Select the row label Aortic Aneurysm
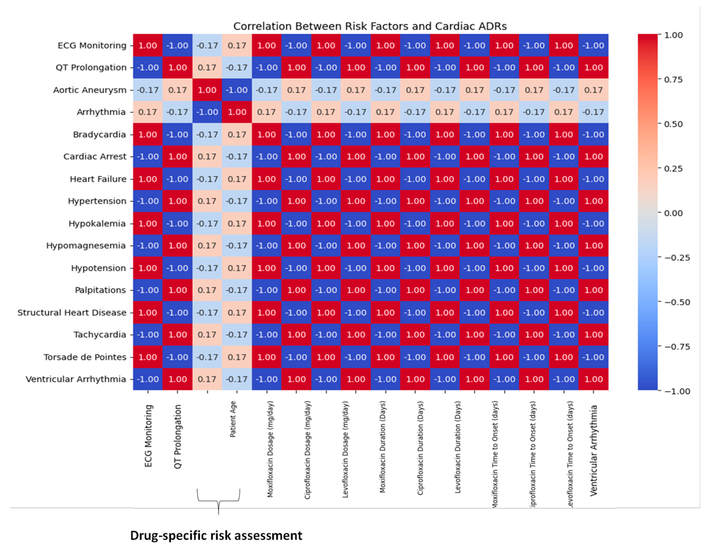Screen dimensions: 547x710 [90, 90]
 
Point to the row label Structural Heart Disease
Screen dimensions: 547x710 [72, 312]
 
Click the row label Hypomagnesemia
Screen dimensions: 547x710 [86, 246]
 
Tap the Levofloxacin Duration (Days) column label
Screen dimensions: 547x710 [457, 447]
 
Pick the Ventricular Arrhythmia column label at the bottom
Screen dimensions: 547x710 [594, 450]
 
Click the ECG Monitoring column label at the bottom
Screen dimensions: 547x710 [148, 436]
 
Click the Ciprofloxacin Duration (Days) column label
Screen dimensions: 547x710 [420, 448]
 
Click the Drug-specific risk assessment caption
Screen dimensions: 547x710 [216, 536]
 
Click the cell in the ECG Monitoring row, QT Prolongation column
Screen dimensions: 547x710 [177, 46]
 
